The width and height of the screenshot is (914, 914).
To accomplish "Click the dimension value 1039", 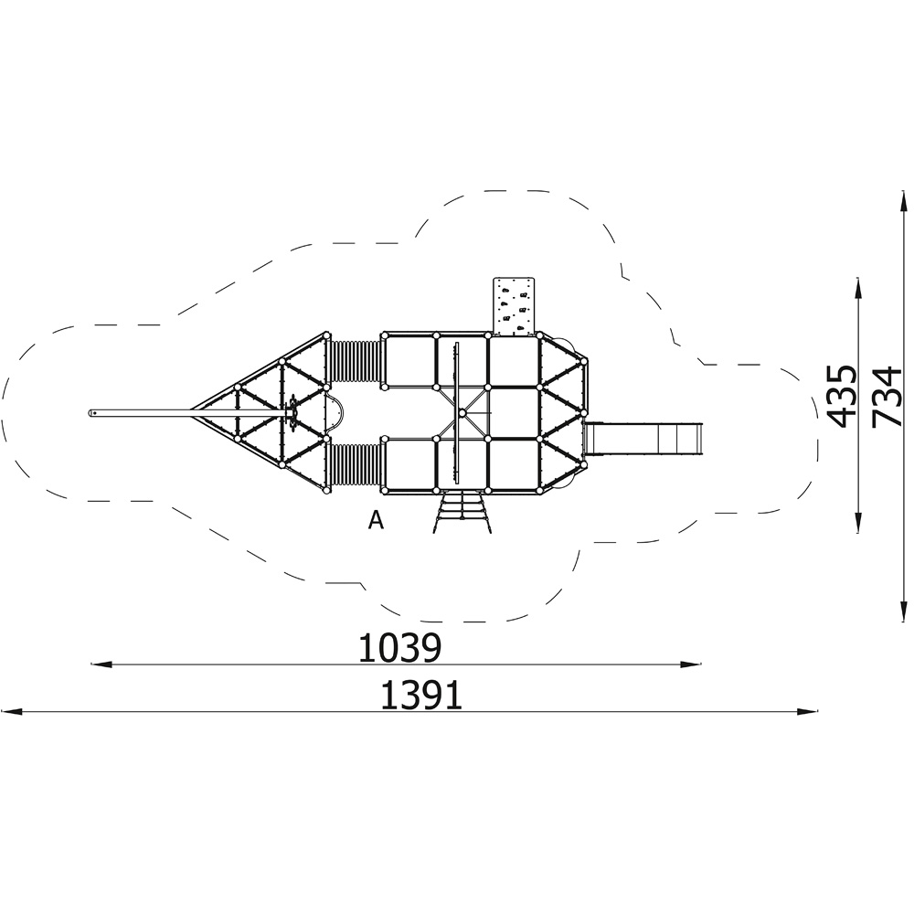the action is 400,648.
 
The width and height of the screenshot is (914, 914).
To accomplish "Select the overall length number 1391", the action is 421,696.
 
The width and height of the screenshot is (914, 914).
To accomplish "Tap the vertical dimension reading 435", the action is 843,397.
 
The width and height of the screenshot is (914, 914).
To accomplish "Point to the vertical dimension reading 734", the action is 887,397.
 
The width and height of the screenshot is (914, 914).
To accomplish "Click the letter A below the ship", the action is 377,520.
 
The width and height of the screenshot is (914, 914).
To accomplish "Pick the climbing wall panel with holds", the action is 514,306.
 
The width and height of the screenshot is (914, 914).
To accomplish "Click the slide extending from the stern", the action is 643,439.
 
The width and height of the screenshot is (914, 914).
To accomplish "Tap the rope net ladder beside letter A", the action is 461,513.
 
